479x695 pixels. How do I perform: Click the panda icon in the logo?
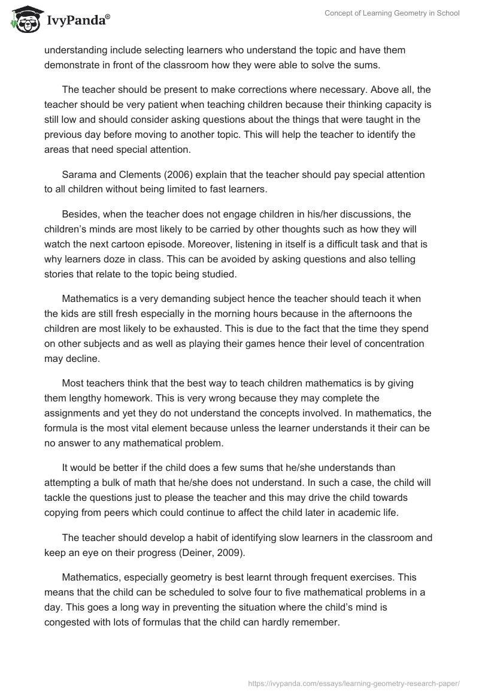25,20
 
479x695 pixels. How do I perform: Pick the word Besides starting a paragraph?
81,213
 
